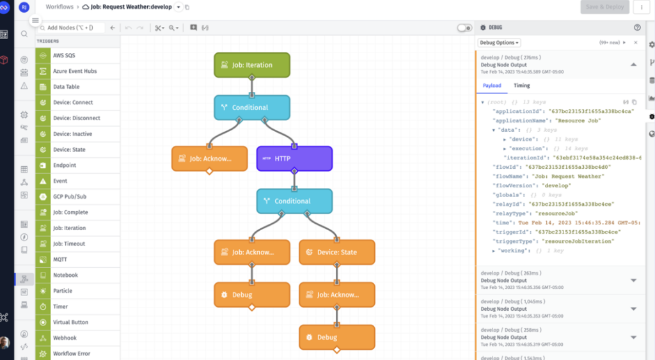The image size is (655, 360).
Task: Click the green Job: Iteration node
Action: click(x=251, y=65)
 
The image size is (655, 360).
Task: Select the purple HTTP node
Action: click(x=294, y=159)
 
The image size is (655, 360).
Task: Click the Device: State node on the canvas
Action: click(x=337, y=253)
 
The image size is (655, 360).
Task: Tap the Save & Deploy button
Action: click(x=604, y=7)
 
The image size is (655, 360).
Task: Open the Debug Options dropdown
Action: click(x=500, y=43)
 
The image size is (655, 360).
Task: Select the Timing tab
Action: click(x=521, y=86)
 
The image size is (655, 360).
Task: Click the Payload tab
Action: click(x=492, y=86)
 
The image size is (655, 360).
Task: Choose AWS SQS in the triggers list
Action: click(x=64, y=56)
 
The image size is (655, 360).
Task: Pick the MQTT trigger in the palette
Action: click(x=61, y=260)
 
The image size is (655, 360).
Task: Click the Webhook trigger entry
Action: click(x=65, y=338)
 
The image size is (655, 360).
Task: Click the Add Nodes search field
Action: click(x=70, y=28)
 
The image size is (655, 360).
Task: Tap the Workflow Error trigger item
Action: click(x=72, y=354)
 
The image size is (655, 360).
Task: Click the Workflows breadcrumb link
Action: click(x=59, y=7)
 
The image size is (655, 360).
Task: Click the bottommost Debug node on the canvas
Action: click(x=337, y=338)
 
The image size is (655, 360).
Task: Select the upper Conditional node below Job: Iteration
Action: click(x=251, y=107)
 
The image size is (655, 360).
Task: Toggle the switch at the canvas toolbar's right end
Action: click(x=464, y=28)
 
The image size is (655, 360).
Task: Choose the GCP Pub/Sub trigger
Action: click(x=70, y=197)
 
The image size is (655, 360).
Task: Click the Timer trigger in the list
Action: click(x=61, y=307)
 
